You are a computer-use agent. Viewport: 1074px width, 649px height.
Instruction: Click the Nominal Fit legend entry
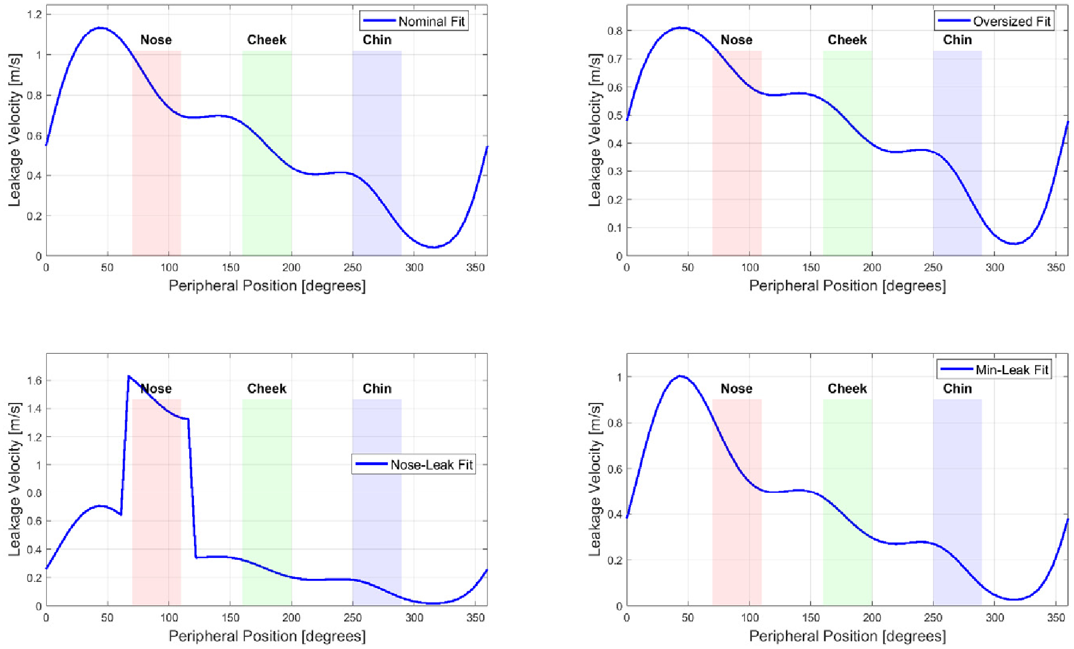click(414, 22)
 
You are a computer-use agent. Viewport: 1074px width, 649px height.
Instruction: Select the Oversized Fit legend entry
click(994, 22)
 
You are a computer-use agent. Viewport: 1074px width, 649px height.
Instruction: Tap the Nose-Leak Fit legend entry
click(414, 465)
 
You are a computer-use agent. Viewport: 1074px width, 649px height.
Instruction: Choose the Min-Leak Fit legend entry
click(994, 370)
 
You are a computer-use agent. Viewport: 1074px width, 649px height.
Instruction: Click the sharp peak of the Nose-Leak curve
click(129, 376)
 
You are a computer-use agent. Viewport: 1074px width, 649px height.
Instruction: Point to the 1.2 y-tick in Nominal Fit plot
click(35, 14)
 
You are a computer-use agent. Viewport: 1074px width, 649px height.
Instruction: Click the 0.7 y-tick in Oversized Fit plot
click(615, 59)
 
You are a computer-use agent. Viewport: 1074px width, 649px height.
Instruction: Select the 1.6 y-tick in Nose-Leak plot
click(35, 381)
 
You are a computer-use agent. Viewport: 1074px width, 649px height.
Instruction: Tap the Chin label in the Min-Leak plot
click(957, 389)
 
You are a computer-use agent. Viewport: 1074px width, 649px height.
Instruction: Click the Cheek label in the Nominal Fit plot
click(266, 40)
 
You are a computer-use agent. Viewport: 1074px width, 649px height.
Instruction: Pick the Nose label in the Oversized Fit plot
click(736, 40)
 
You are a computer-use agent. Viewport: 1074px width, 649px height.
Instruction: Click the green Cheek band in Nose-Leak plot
click(267, 503)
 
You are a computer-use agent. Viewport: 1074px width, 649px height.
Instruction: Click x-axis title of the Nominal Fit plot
click(267, 286)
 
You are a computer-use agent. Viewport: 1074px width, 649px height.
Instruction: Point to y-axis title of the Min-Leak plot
click(594, 479)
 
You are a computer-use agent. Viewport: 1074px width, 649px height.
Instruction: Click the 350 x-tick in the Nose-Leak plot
click(475, 618)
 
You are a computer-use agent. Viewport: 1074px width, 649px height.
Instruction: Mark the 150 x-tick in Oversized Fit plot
click(811, 268)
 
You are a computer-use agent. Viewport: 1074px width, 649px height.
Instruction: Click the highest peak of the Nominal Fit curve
click(100, 28)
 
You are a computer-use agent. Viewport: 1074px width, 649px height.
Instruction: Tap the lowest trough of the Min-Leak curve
click(1014, 599)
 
